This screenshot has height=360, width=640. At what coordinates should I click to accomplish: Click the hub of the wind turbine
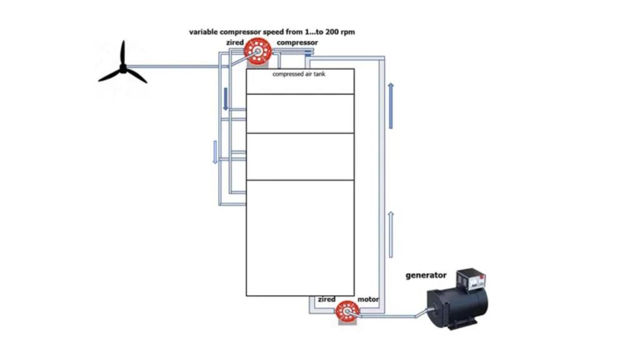coord(123,69)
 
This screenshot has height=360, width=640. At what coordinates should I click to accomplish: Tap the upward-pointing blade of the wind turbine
coord(122,53)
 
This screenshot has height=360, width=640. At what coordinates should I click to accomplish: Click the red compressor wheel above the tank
coord(257,51)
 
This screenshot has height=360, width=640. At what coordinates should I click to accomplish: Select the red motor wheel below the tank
coord(347,312)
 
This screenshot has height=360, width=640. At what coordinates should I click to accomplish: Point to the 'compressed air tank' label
coord(299,74)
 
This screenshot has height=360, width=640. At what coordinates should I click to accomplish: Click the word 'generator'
coord(426,276)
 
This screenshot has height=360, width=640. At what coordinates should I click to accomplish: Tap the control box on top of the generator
coord(471,280)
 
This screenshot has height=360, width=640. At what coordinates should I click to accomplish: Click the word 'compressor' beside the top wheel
coord(297,42)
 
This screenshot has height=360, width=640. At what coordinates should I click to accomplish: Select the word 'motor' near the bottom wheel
coord(367,299)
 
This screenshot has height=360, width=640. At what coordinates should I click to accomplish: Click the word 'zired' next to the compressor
coord(235,42)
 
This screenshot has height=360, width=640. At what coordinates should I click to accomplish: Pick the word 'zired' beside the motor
coord(326,299)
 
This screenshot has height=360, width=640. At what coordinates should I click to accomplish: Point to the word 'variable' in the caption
coord(203,32)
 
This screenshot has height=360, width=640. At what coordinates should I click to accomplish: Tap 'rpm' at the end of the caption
coord(348,32)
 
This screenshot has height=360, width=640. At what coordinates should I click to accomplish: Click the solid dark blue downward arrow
coord(226,99)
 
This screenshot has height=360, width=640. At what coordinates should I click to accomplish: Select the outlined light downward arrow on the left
coord(215,152)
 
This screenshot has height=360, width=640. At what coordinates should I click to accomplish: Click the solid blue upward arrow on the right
coord(391,106)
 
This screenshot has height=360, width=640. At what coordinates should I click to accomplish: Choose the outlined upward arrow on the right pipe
coord(391,235)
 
